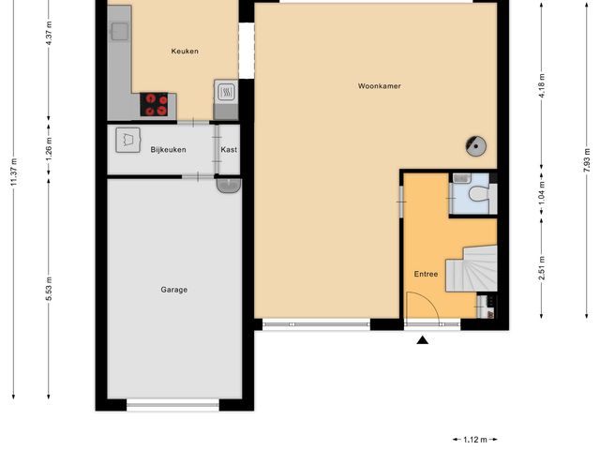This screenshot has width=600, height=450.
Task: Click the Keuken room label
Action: pos(185,52)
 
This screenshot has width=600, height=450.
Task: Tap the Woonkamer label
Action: pos(379,86)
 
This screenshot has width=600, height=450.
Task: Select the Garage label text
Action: pos(173,290)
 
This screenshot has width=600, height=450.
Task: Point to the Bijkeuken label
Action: pos(169,150)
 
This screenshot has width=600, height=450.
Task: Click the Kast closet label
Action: pos(228,150)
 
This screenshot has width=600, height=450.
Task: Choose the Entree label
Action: pos(427,274)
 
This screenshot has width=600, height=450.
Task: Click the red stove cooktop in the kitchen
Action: pos(155,103)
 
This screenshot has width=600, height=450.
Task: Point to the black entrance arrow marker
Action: pos(423,340)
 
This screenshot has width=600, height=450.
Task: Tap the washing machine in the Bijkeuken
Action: pos(126,140)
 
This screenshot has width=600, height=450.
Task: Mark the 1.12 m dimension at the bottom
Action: pos(474,438)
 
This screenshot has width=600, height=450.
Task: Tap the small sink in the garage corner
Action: pos(226,186)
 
